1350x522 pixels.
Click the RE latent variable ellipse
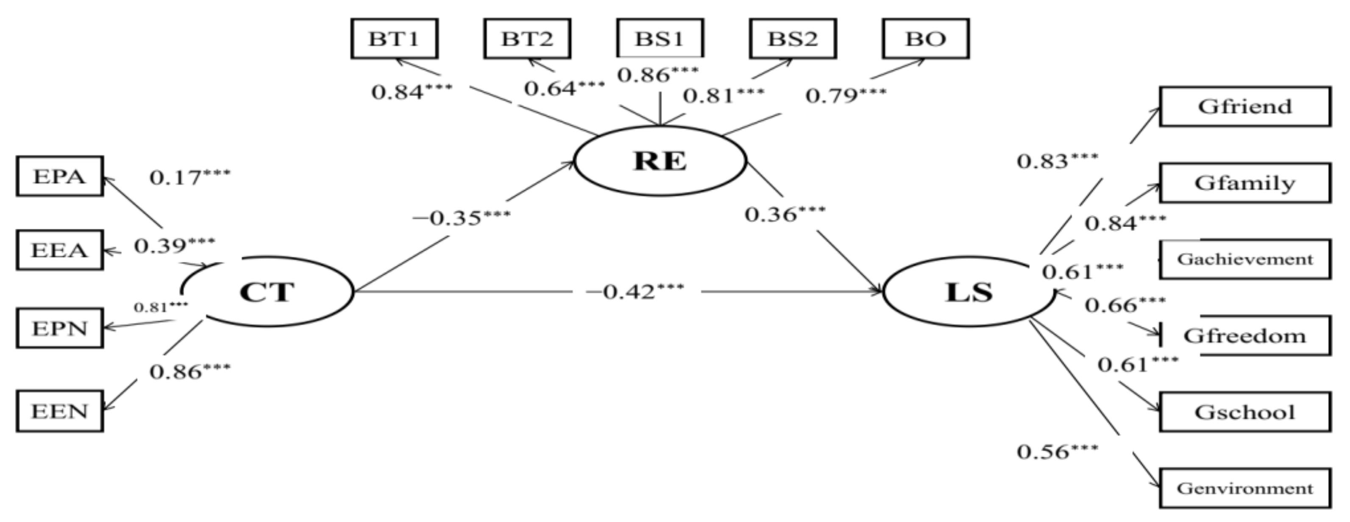660,161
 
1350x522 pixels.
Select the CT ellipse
267,292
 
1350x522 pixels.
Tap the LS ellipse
969,292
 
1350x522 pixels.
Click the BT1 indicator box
394,39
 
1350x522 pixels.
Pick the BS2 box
792,39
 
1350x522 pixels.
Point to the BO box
926,39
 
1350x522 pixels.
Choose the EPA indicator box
60,176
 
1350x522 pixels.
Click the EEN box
60,411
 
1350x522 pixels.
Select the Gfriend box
1244,106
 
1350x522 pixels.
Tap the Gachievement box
1244,259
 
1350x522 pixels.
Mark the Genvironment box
1244,489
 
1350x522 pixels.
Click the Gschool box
1244,412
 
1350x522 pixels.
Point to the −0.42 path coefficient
634,292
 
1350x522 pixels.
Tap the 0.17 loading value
190,177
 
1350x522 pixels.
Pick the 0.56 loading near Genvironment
1057,451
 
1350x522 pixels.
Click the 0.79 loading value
845,95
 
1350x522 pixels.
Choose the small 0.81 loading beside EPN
160,307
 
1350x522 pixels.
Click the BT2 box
527,39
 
